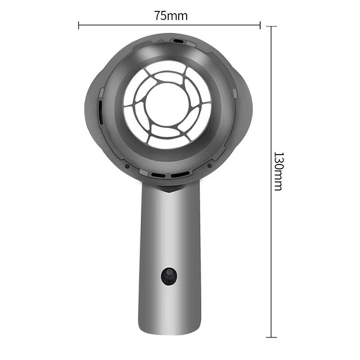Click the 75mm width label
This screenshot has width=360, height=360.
(x=171, y=15)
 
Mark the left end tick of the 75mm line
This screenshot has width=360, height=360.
(x=79, y=25)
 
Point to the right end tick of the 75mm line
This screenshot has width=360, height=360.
(x=260, y=25)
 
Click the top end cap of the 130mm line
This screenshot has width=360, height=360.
(x=271, y=27)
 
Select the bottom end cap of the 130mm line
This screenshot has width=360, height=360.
(x=271, y=337)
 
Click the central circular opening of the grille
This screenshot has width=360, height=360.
(x=166, y=104)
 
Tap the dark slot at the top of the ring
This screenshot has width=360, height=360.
(x=179, y=41)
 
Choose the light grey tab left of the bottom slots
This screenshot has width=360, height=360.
(x=144, y=173)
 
